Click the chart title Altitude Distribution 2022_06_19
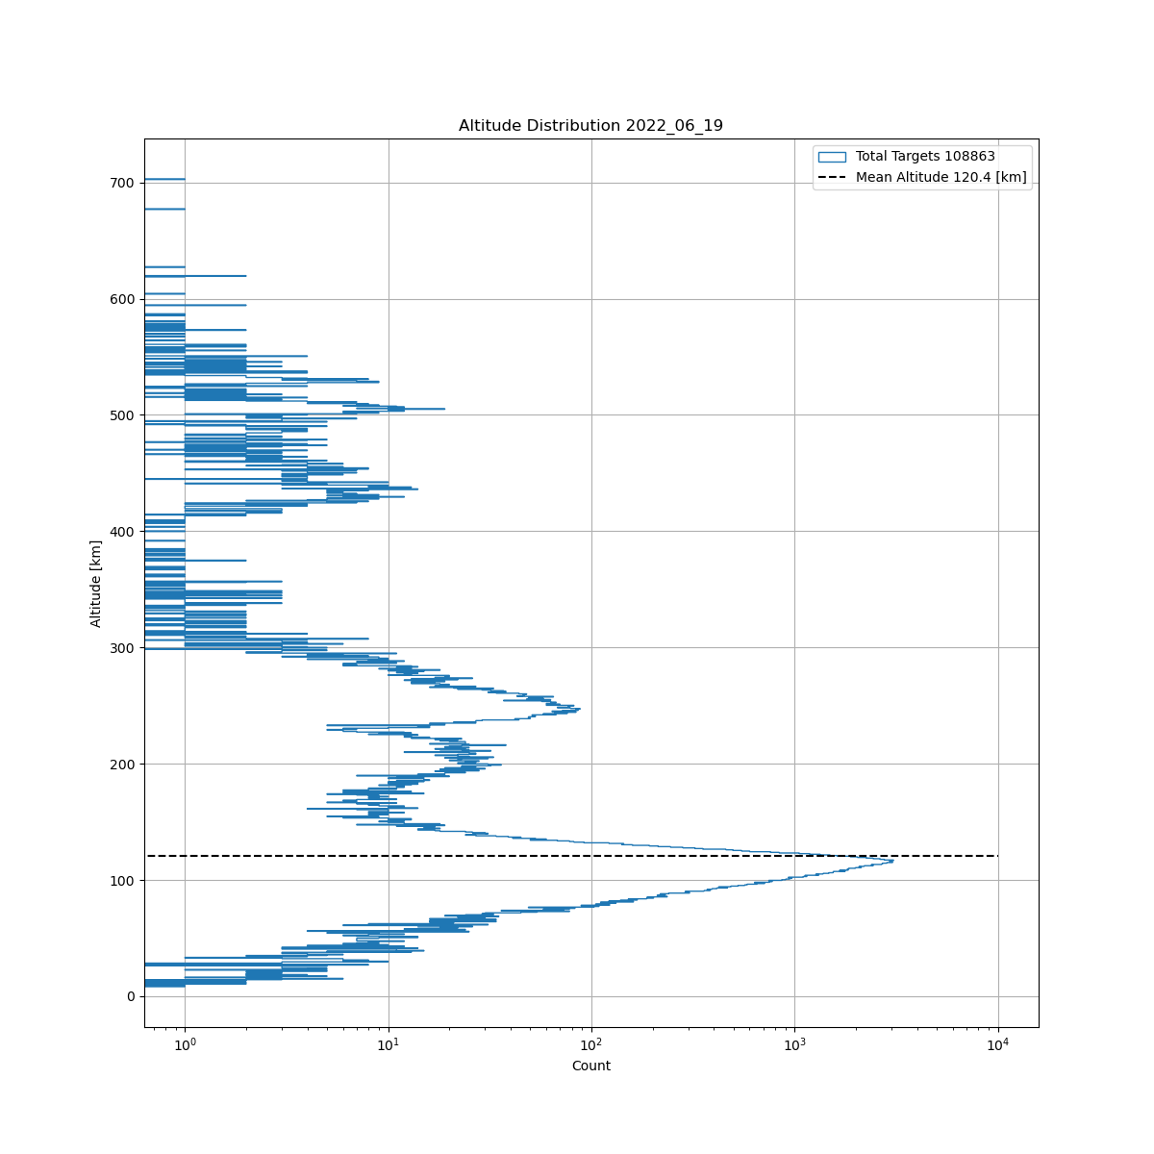[x=590, y=126]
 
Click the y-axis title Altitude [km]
[x=96, y=583]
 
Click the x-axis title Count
[x=590, y=1066]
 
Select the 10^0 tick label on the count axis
[x=185, y=1044]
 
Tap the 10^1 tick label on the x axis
[x=389, y=1044]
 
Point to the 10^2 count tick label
[x=591, y=1044]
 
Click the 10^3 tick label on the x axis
[x=795, y=1044]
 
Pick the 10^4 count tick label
[x=998, y=1044]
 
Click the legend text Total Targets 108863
[x=925, y=157]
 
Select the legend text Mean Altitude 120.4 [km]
[x=941, y=177]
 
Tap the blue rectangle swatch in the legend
[x=832, y=157]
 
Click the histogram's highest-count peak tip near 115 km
[x=891, y=861]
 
